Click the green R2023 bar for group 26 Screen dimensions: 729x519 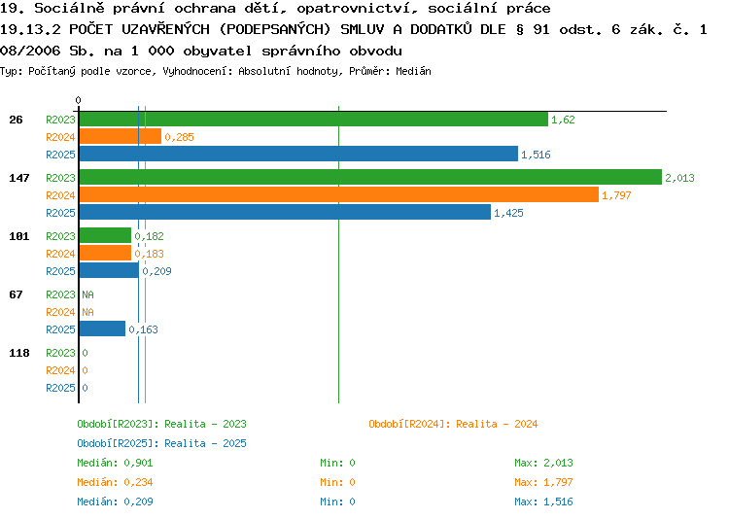(314, 119)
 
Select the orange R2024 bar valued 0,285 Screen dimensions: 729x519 (121, 136)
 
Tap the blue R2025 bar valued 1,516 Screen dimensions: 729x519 (298, 154)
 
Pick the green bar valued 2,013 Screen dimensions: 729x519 (370, 177)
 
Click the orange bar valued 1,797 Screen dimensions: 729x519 (339, 194)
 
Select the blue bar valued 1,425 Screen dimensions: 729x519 (285, 213)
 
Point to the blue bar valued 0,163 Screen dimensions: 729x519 (102, 329)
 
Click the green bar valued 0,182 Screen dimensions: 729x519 (106, 236)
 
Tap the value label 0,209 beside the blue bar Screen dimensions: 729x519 (156, 271)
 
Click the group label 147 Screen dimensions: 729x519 (19, 178)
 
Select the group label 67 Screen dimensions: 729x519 (16, 294)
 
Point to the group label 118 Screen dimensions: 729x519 (19, 353)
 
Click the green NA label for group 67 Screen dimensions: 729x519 (87, 294)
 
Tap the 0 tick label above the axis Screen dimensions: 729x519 (78, 100)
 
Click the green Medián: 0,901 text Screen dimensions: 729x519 (115, 463)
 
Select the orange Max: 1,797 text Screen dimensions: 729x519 (543, 482)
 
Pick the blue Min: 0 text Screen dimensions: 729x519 (337, 502)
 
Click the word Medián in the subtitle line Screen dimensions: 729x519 (413, 71)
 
